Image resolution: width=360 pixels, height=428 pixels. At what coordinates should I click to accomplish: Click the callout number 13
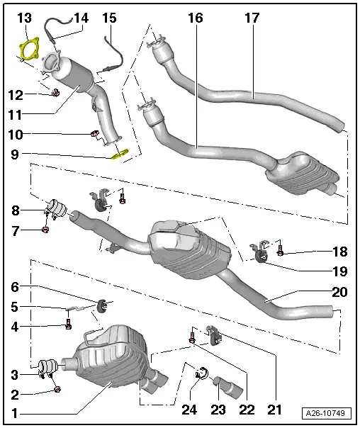coord(23,16)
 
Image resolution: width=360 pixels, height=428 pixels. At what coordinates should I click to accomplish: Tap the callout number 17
coord(252,16)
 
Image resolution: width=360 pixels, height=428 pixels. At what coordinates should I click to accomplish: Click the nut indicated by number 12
coord(54,92)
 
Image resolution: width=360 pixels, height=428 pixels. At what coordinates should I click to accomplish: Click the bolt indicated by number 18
coord(281,252)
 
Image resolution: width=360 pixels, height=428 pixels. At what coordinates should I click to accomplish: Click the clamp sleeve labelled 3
coord(47,368)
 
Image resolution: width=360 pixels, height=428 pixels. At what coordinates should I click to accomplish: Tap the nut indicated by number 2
coord(56,388)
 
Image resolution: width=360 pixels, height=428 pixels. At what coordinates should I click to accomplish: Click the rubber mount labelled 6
coord(103,305)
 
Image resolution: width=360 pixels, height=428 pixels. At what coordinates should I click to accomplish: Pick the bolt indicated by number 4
coord(68,325)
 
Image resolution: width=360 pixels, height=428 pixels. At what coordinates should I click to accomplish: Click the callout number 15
coord(109,16)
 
